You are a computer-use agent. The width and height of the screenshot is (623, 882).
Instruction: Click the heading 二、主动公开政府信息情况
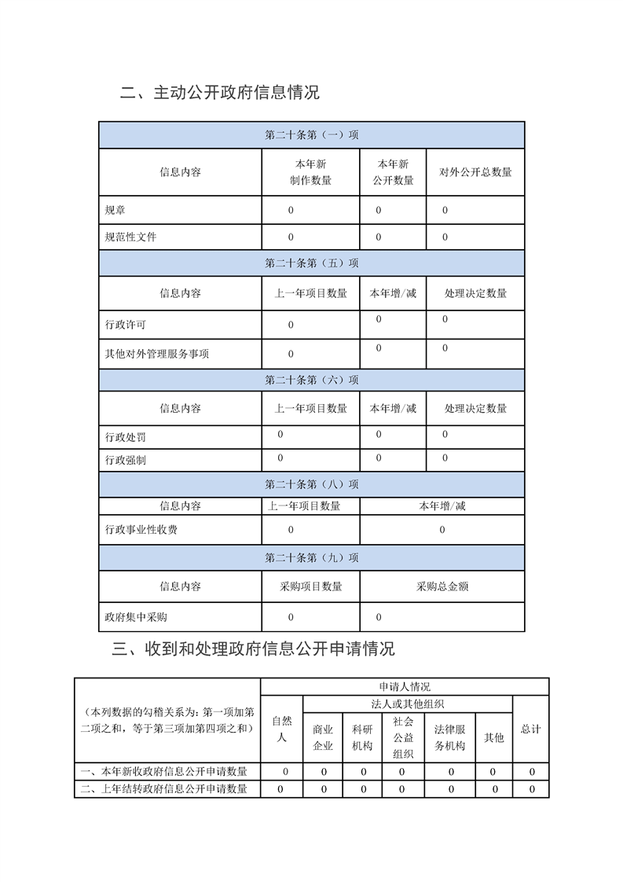[x=220, y=93]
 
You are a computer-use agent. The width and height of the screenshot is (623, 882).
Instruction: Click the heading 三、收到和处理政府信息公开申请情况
[x=253, y=649]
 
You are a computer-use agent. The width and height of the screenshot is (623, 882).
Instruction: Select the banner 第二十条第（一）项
[x=312, y=135]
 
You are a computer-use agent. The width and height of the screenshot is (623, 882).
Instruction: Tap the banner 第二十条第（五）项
[x=312, y=263]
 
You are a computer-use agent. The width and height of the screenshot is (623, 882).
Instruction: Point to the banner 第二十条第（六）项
[x=312, y=380]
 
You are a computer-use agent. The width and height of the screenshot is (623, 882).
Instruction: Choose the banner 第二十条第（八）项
[x=312, y=484]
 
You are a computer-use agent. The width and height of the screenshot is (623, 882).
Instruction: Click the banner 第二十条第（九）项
[x=312, y=558]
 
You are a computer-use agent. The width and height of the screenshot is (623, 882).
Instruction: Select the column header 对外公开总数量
[x=475, y=172]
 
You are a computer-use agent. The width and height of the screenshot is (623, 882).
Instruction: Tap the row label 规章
[x=115, y=211]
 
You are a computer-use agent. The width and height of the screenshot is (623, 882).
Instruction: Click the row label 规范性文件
[x=130, y=237]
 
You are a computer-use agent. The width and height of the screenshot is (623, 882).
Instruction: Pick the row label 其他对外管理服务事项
[x=157, y=354]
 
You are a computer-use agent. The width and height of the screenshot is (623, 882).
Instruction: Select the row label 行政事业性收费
[x=141, y=530]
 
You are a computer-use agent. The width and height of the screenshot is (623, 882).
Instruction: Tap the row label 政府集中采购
[x=136, y=617]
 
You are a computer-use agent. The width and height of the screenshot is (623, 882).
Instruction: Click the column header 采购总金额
[x=442, y=586]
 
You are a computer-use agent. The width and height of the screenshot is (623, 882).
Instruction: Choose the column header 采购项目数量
[x=311, y=586]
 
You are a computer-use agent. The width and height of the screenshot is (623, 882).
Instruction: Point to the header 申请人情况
[x=405, y=687]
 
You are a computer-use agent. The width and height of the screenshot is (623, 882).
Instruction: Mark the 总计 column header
[x=531, y=729]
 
